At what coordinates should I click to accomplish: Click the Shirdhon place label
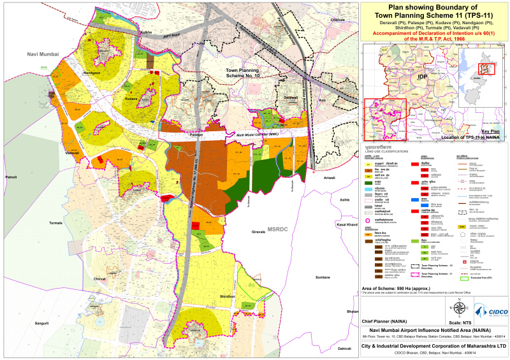point(228,296)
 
